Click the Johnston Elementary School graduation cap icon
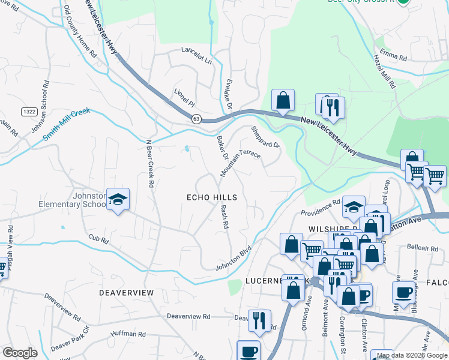pyautogui.click(x=119, y=199)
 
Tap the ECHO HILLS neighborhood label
pyautogui.click(x=212, y=197)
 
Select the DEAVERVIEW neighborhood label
pyautogui.click(x=127, y=292)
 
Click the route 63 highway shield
pyautogui.click(x=196, y=119)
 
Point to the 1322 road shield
pyautogui.click(x=28, y=112)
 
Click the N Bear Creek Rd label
pyautogui.click(x=150, y=164)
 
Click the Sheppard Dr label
pyautogui.click(x=265, y=137)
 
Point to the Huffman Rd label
pyautogui.click(x=128, y=334)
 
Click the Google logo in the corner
pyautogui.click(x=20, y=352)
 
